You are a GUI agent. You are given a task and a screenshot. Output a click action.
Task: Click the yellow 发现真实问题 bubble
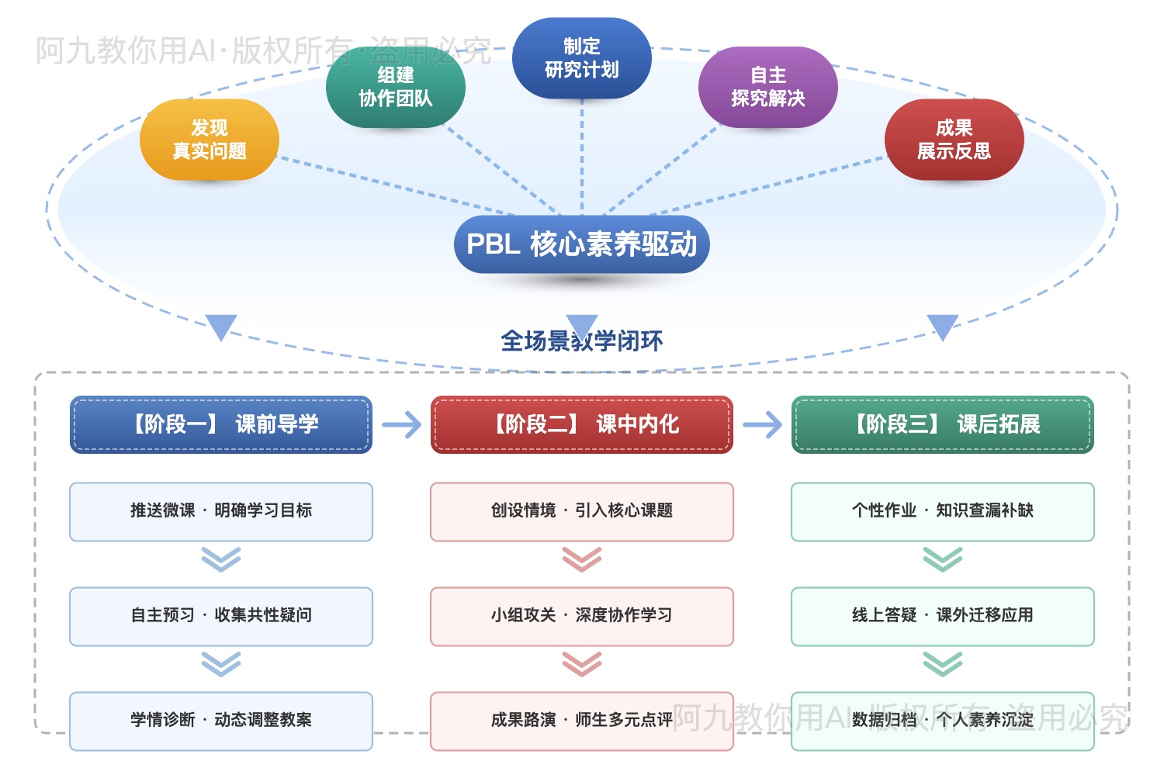209,140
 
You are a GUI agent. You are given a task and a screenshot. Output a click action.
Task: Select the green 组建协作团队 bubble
395,87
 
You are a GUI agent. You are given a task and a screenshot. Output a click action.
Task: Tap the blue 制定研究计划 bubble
581,58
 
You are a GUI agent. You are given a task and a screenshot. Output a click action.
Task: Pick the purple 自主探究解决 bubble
767,87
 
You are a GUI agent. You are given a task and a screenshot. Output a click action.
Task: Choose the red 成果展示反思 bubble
954,140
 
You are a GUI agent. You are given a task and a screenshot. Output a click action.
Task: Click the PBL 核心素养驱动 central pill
581,244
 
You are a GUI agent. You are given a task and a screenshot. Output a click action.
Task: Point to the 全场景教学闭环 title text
581,341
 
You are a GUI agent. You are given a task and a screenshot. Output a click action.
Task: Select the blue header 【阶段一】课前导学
221,424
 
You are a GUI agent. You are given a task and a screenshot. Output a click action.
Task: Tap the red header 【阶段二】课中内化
581,424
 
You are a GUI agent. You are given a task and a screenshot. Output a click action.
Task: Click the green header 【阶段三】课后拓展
942,424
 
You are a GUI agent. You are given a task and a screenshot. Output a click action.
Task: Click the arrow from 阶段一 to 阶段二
401,424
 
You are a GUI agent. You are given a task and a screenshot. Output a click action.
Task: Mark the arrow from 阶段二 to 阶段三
762,424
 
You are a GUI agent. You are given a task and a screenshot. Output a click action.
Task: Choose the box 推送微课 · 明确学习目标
221,511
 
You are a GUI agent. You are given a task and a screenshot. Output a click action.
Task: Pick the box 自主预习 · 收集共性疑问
221,616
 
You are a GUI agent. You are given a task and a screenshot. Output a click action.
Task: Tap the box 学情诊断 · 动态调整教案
221,721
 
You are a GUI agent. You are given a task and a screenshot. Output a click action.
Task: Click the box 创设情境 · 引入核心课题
581,511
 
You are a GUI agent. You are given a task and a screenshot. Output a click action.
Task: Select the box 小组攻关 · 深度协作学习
581,616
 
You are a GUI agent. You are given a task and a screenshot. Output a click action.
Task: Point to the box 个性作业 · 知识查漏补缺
942,511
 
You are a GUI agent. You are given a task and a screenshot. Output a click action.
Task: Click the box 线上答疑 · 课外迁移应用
942,616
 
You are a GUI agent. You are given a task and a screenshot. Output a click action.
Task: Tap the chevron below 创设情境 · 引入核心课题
581,559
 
